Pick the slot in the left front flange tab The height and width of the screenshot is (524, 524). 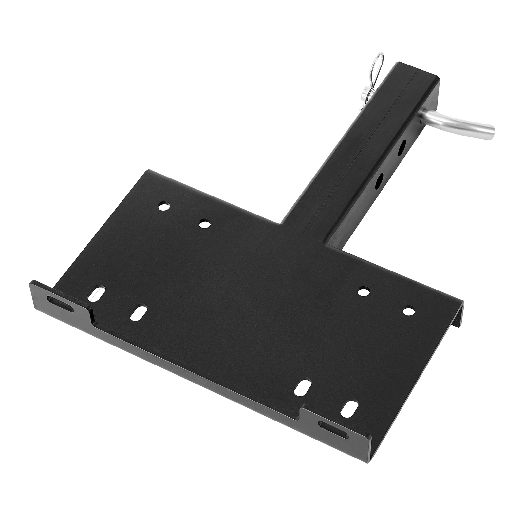pos(60,301)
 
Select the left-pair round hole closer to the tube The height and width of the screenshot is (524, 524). pos(205,224)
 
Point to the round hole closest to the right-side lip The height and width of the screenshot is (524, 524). pos(408,310)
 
